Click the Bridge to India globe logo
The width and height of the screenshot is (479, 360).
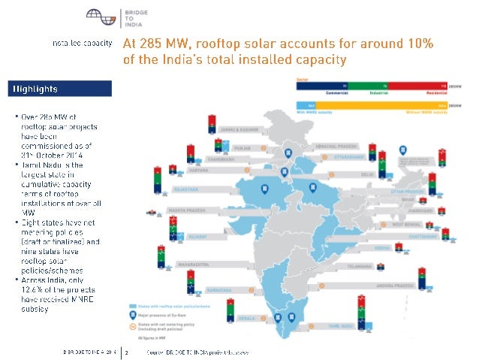pyautogui.click(x=96, y=16)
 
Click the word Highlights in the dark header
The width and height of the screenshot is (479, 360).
pyautogui.click(x=34, y=89)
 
